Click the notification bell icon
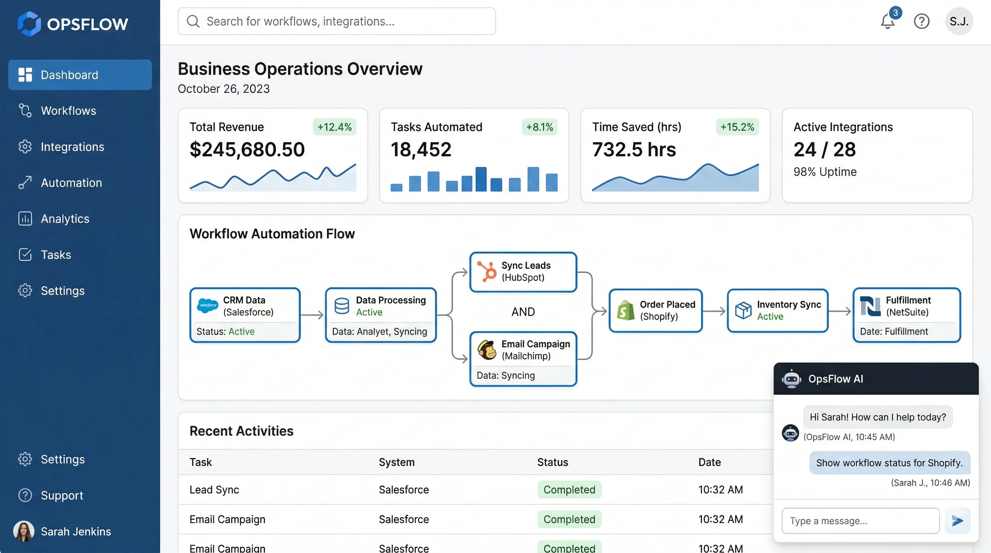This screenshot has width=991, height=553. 888,22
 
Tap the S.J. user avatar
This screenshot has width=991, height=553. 959,22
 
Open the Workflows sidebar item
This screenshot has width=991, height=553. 68,111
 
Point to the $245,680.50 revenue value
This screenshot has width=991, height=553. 247,150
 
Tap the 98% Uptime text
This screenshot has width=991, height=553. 825,172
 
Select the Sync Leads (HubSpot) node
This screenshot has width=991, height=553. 523,272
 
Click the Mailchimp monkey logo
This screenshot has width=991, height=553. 486,350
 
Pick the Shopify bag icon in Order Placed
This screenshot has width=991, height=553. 625,311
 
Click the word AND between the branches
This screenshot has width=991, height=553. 523,312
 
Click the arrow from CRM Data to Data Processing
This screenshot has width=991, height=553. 312,315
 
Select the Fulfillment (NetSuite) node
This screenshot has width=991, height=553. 906,315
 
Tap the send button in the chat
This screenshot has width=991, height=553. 957,521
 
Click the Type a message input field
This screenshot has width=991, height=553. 860,521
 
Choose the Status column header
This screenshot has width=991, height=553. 552,462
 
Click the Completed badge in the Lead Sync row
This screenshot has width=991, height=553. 569,490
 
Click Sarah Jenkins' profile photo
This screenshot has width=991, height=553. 24,531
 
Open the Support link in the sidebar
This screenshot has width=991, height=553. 62,495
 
